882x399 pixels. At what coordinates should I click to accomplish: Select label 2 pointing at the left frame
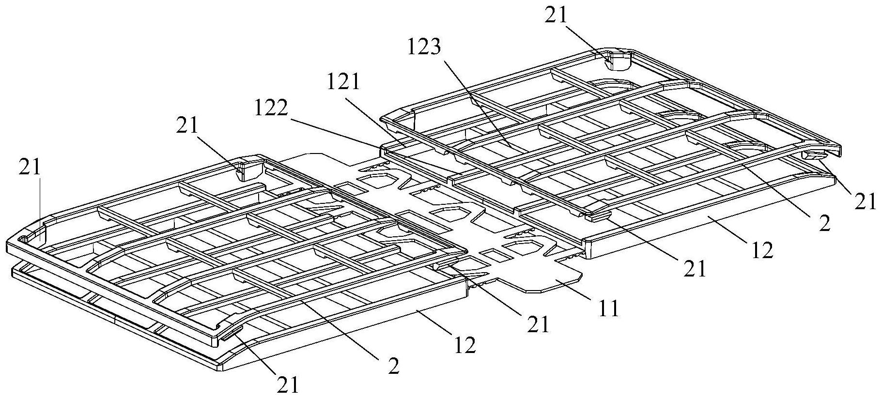[x=393, y=367]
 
